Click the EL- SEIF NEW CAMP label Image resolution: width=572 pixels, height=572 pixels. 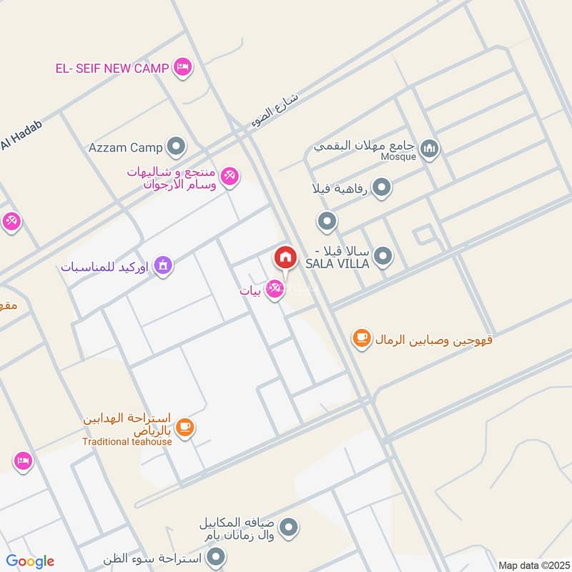tap(112, 69)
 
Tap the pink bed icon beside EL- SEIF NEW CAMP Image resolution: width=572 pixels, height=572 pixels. tap(182, 68)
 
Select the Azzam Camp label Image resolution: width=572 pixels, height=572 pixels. tap(126, 148)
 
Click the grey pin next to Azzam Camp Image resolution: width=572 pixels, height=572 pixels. tap(175, 148)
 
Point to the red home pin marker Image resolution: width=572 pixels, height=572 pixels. tap(285, 257)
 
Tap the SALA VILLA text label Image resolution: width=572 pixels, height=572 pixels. tap(337, 264)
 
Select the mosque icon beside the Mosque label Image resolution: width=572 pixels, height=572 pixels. tap(429, 149)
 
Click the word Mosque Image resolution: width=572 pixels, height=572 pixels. tap(398, 157)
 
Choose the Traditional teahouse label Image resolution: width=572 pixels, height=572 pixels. tap(127, 441)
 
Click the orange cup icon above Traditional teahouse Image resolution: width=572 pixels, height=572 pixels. tap(185, 428)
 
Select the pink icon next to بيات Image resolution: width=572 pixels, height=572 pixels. tap(273, 289)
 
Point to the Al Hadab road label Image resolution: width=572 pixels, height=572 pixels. tap(21, 136)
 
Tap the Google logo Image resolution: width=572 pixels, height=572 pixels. tap(30, 561)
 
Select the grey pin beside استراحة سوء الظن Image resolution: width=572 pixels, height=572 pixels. tap(217, 556)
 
